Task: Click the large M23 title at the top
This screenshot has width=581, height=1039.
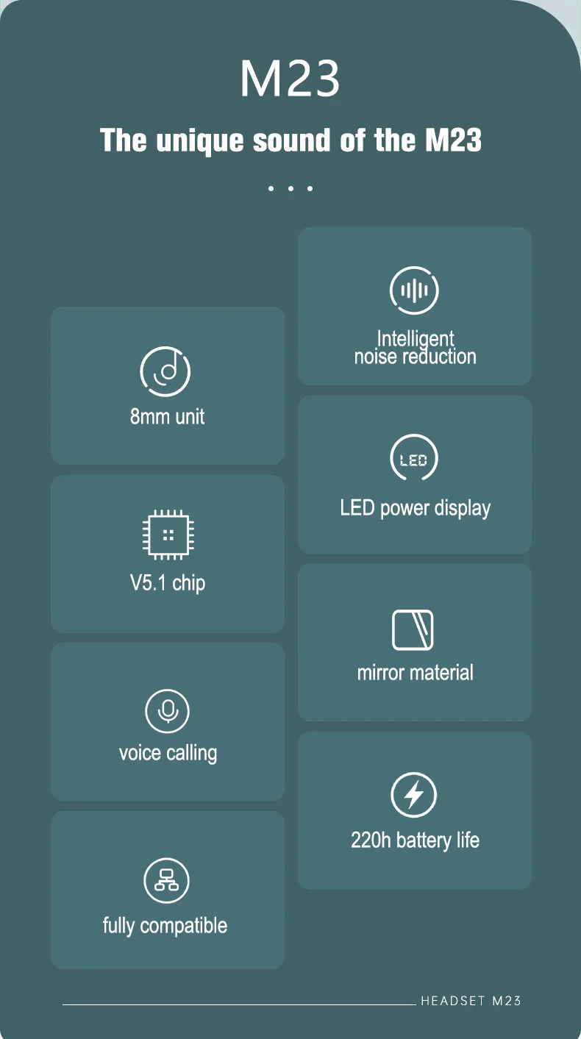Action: click(x=290, y=79)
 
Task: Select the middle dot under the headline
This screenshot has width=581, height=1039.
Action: click(x=290, y=189)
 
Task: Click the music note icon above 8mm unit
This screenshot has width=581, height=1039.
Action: click(x=165, y=371)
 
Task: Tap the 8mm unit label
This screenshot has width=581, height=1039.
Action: click(x=167, y=416)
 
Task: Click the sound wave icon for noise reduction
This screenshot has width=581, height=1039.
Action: click(x=414, y=290)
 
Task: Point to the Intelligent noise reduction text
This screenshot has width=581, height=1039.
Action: click(x=415, y=347)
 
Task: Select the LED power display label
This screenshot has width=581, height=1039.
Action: click(x=415, y=508)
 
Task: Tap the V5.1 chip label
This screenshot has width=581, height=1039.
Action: click(x=167, y=583)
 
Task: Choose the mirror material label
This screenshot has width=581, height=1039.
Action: click(x=415, y=672)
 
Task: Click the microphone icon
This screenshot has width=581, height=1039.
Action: click(x=167, y=711)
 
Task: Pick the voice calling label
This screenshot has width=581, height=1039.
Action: click(x=168, y=753)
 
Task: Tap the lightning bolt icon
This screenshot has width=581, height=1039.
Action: click(x=413, y=794)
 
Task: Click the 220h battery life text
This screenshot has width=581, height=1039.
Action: click(x=415, y=840)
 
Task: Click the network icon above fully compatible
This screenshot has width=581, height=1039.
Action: click(x=166, y=880)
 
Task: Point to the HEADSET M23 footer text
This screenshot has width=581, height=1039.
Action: click(x=471, y=1001)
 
